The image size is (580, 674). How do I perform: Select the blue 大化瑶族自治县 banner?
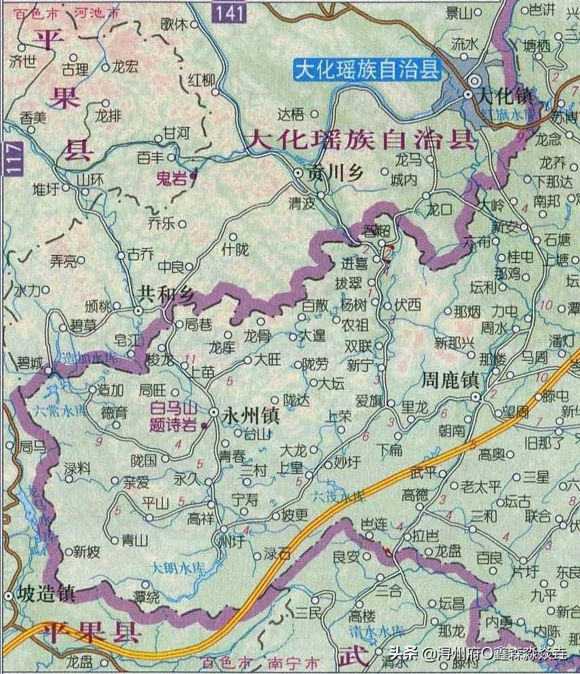pos(367,69)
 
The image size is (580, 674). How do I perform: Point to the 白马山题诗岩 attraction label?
pos(173,416)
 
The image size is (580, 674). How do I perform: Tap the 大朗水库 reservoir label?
pos(176,567)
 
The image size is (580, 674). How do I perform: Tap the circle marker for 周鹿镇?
pos(476,397)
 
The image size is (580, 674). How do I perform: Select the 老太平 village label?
pos(480,486)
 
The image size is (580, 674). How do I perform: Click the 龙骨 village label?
pos(257,335)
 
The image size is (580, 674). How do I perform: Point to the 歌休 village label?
pos(174,24)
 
